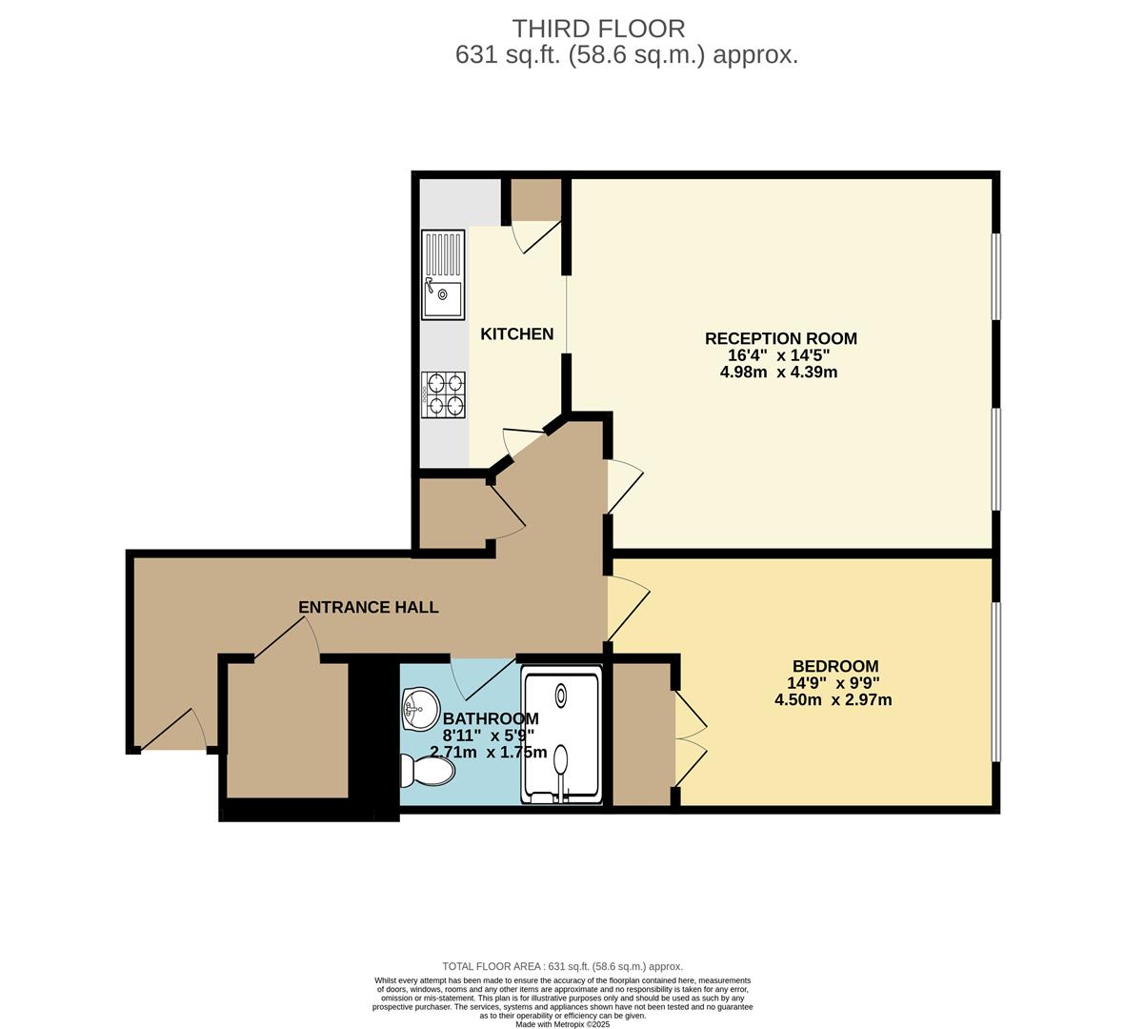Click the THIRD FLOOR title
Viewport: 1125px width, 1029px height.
coord(598,29)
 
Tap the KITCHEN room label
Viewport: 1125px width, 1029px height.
coord(516,334)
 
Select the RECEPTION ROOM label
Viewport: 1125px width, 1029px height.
coord(780,338)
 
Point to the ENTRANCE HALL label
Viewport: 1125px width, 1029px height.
coord(369,607)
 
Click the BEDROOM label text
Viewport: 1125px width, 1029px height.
coord(834,666)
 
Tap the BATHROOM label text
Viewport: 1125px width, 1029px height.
coord(491,718)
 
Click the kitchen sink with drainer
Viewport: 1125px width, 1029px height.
coord(443,274)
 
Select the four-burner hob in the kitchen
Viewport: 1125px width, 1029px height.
coord(443,394)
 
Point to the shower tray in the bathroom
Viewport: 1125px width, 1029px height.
coord(562,736)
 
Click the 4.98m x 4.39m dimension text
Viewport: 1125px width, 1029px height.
coord(778,373)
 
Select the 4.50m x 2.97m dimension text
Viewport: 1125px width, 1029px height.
coord(833,700)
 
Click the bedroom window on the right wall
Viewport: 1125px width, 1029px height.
coord(995,681)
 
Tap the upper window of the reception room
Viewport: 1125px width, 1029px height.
coord(995,276)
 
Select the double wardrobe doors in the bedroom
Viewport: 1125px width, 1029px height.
coord(690,737)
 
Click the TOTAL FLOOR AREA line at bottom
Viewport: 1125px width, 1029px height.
coord(562,966)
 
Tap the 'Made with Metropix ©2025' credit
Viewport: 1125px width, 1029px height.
coord(562,1024)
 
